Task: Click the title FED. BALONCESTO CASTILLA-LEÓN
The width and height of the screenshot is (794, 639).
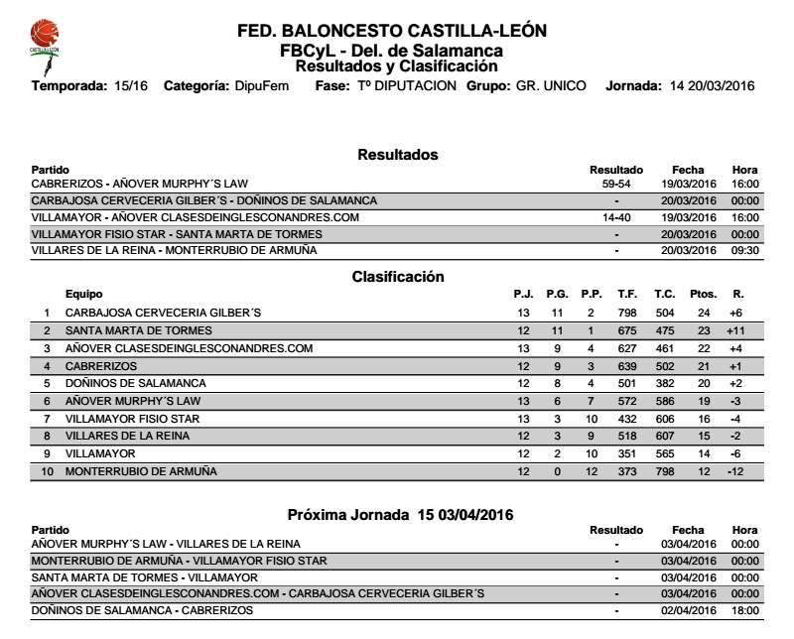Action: click(392, 31)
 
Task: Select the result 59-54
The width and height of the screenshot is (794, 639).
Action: click(616, 184)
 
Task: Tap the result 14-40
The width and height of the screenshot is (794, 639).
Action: click(616, 217)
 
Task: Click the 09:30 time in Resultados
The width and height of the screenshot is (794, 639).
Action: click(744, 251)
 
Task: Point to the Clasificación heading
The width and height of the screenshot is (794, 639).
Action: click(398, 277)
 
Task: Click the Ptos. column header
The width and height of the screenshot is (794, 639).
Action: click(703, 295)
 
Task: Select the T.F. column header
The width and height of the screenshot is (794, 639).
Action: click(626, 295)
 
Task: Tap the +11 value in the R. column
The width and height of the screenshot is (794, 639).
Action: click(734, 330)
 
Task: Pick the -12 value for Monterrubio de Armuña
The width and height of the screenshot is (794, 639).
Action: click(734, 472)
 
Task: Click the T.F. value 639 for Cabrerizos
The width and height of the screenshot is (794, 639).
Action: click(626, 366)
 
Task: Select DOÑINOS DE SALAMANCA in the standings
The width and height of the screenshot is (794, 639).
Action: click(136, 383)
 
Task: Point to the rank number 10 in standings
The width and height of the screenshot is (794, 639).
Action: click(45, 472)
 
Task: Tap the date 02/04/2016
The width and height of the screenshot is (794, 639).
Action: click(688, 610)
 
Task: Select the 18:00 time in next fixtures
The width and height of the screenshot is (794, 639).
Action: click(744, 610)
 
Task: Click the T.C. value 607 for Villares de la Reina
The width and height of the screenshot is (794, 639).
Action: click(664, 437)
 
